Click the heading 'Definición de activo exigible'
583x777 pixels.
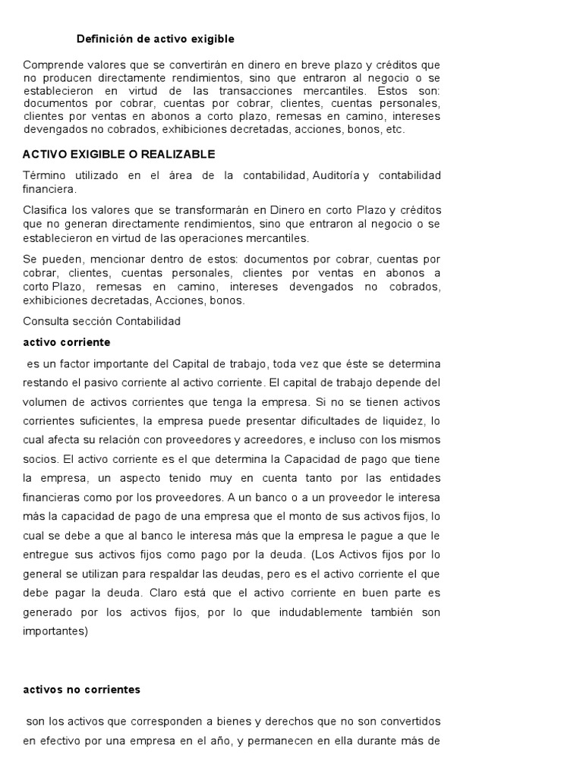pyautogui.click(x=156, y=38)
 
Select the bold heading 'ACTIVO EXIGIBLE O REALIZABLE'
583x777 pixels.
pyautogui.click(x=119, y=154)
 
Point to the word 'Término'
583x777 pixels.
pyautogui.click(x=45, y=175)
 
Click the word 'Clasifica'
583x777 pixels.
pyautogui.click(x=47, y=209)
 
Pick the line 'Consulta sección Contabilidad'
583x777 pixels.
pyautogui.click(x=102, y=321)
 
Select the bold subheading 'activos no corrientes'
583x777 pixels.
pyautogui.click(x=82, y=690)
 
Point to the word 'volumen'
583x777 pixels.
pyautogui.click(x=45, y=401)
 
